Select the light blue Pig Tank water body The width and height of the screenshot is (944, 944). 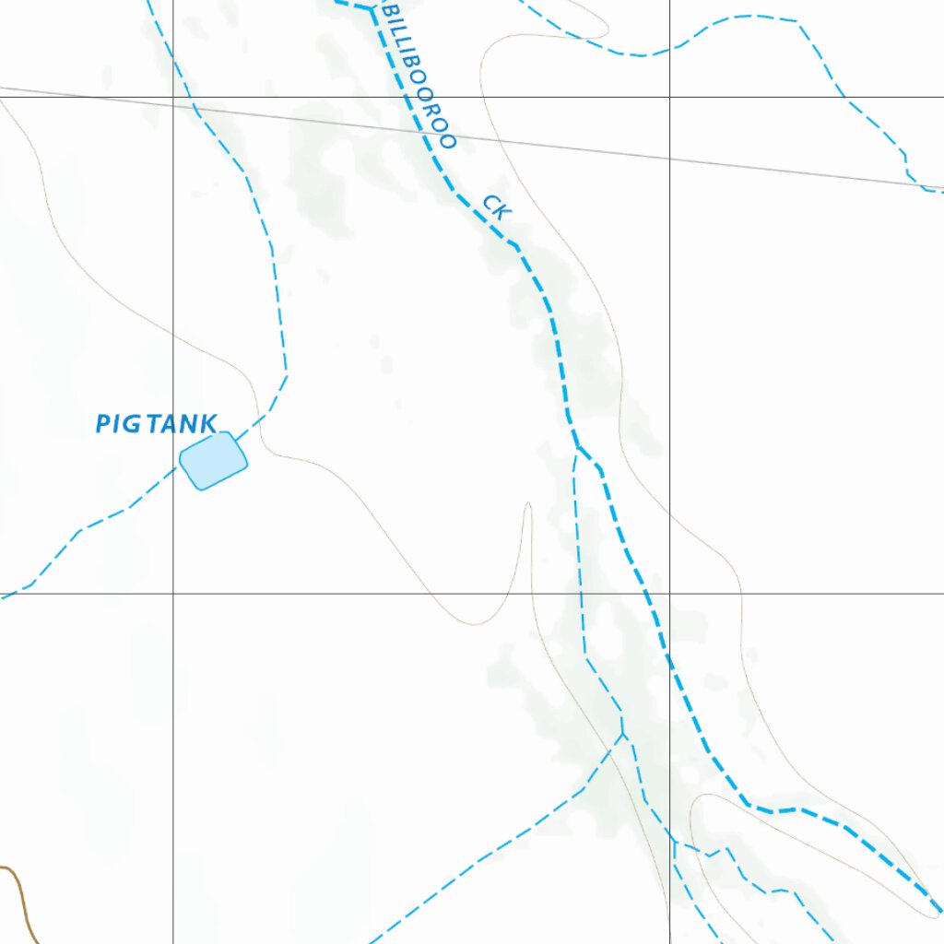214,460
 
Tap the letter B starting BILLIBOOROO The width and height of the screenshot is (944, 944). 387,11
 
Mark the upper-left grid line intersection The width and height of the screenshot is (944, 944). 173,97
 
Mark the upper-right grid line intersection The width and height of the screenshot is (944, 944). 669,97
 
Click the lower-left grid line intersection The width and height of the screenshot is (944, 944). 173,594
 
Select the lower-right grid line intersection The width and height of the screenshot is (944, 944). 669,594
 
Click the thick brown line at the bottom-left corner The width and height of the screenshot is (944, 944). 20,899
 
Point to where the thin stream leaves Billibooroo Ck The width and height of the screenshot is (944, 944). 577,448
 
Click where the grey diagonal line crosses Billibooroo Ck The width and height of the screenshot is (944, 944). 428,136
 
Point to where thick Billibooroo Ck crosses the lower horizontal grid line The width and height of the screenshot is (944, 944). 646,594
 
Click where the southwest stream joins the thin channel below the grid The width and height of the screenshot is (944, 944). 623,735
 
